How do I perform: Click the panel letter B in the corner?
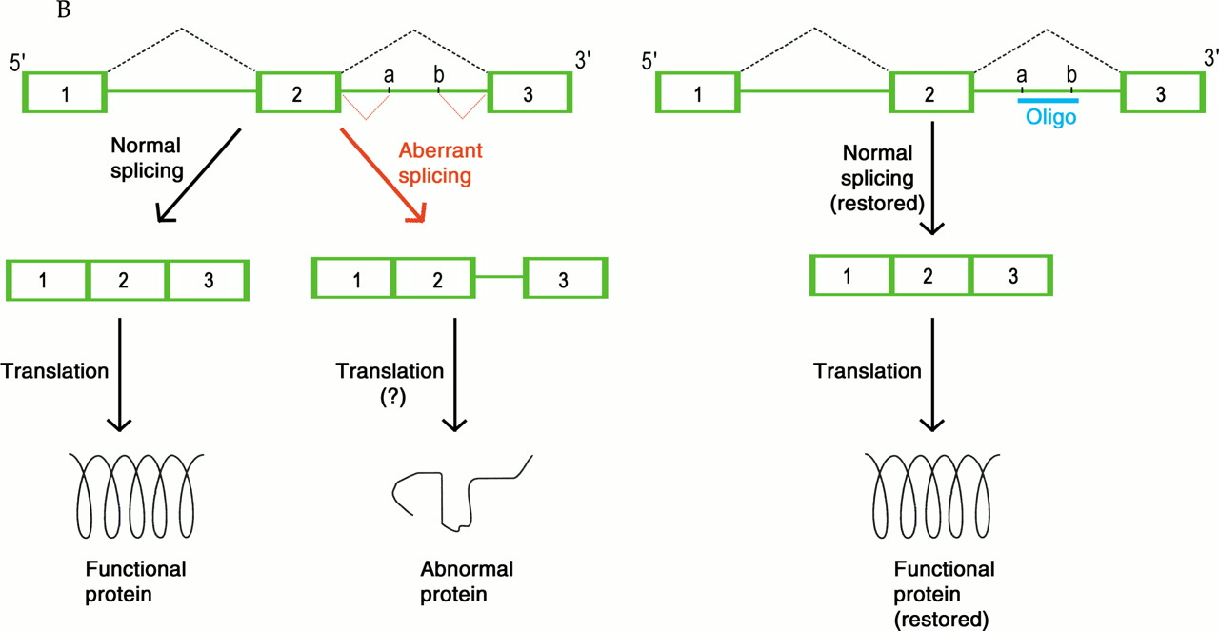click(65, 12)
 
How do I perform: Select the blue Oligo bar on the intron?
click(1048, 100)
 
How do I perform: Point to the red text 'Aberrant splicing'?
click(434, 163)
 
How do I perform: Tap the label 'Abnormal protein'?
click(466, 582)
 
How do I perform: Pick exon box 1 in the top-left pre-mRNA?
click(65, 94)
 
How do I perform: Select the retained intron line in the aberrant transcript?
click(499, 277)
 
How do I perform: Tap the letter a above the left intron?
click(388, 74)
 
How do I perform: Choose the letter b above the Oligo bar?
click(1071, 74)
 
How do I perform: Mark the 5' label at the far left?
click(16, 64)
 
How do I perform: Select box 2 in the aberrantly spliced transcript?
click(433, 278)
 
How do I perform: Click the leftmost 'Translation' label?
click(55, 371)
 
